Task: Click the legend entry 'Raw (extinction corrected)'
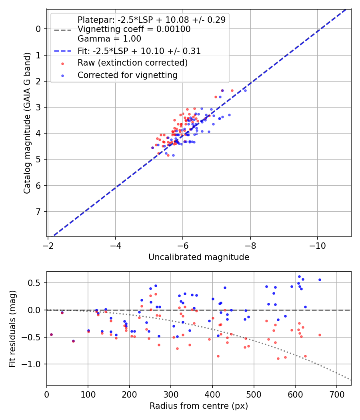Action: [x=132, y=63]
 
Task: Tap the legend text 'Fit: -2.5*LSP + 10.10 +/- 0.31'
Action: [x=139, y=51]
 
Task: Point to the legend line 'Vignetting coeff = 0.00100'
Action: [x=134, y=29]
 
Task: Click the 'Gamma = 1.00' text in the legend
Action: [x=109, y=39]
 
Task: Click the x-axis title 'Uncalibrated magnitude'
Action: [x=199, y=257]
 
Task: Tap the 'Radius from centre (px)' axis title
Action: [x=199, y=406]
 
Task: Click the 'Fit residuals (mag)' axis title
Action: [x=12, y=329]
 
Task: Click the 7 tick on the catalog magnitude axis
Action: [x=39, y=212]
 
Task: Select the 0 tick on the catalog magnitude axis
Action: [x=39, y=29]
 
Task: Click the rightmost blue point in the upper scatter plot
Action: [x=245, y=90]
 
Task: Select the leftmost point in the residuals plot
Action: [x=51, y=334]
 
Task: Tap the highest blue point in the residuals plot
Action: [x=299, y=276]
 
